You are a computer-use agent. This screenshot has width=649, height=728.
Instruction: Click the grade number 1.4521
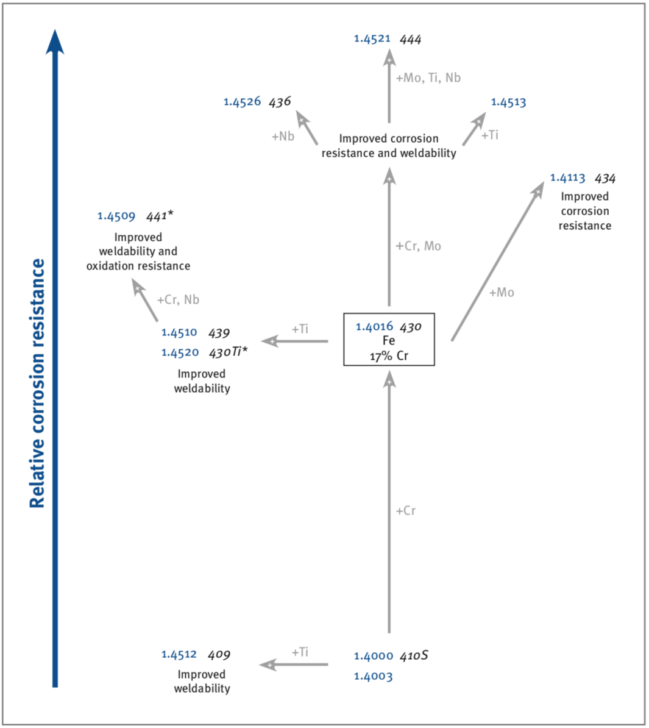tap(372, 38)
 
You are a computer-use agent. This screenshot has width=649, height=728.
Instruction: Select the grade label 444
tap(411, 40)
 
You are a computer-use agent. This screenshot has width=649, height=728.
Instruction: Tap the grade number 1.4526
tap(242, 102)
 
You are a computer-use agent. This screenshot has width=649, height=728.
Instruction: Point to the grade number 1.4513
tap(508, 102)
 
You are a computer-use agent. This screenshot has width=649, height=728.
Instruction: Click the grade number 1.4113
tap(568, 178)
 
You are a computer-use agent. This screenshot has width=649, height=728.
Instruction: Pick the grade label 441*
tap(160, 215)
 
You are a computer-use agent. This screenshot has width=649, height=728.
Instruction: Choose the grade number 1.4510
tap(179, 332)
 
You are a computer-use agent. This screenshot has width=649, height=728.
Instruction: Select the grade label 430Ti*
tap(229, 352)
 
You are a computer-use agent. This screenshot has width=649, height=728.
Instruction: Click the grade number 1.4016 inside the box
tap(374, 326)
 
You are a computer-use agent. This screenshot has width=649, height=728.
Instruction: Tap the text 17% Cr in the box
tap(389, 356)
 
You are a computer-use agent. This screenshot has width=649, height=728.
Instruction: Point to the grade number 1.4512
tap(179, 655)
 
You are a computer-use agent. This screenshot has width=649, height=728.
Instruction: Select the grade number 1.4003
tap(374, 676)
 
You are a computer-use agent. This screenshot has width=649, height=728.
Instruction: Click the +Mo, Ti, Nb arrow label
tap(428, 77)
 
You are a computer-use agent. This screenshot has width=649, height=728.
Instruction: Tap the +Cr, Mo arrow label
tap(418, 246)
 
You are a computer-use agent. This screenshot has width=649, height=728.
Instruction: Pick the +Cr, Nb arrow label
tap(178, 299)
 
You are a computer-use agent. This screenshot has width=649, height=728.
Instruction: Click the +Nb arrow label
tap(283, 136)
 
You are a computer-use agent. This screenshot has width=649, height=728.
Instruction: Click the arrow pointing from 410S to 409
tap(294, 665)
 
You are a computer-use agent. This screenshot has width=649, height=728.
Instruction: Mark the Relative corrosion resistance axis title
tap(38, 383)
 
